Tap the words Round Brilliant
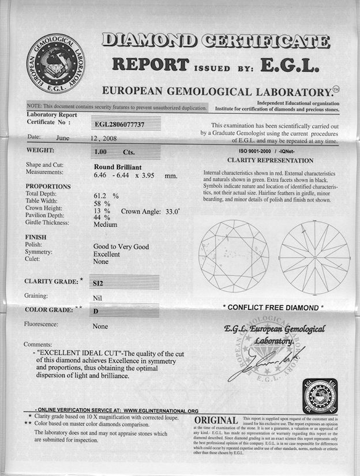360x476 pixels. pos(119,168)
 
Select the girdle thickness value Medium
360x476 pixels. pos(106,225)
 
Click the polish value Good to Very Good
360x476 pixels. pos(121,246)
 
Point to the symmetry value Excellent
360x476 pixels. pos(107,254)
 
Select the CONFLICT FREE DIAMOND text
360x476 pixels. pos(273,308)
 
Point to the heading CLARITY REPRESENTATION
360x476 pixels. pos(271,160)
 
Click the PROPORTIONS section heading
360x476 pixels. pos(48,187)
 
